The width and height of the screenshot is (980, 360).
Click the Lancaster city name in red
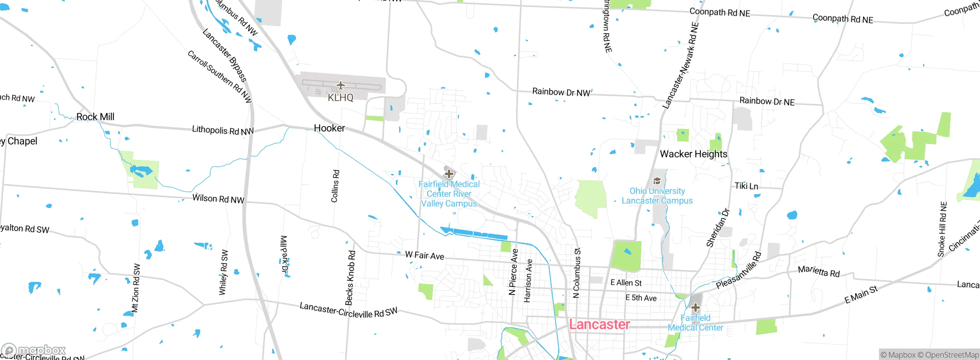[599, 324]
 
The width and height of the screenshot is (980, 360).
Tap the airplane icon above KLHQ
[340, 85]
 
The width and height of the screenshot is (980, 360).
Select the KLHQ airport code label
[340, 98]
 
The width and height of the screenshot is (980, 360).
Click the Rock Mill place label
[95, 117]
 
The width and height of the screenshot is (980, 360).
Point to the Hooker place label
[329, 128]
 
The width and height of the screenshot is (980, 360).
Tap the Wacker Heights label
[693, 154]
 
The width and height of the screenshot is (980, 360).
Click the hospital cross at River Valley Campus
[449, 174]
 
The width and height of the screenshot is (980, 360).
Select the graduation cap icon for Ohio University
[657, 181]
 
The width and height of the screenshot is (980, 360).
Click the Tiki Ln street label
[746, 186]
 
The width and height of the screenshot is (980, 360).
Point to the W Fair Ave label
[425, 255]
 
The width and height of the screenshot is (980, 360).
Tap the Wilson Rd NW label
[218, 199]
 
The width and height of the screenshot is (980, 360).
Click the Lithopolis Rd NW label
[223, 131]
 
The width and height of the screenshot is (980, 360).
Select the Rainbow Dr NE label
[767, 101]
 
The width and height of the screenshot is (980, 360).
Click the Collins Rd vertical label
[335, 186]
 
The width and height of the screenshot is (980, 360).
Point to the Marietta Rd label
[818, 271]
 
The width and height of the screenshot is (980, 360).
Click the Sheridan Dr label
[718, 228]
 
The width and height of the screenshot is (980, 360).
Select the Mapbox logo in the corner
[34, 350]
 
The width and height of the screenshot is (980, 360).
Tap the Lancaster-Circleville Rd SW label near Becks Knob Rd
[348, 311]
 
